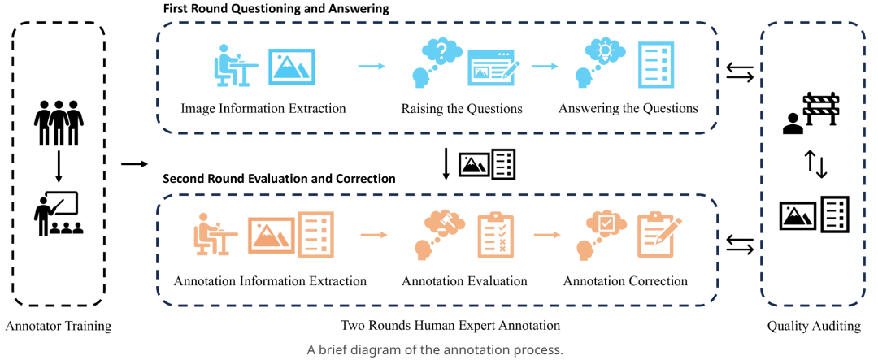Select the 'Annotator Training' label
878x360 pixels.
(x=58, y=327)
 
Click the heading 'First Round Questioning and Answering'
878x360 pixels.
(x=276, y=9)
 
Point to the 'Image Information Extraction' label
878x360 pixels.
(x=263, y=108)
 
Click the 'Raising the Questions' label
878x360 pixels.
(x=461, y=108)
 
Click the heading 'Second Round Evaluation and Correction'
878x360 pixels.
(x=279, y=178)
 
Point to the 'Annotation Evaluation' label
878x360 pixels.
(x=464, y=281)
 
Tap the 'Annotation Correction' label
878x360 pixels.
(x=625, y=281)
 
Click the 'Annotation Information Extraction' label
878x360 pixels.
(x=270, y=281)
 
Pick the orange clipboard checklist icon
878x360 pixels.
(x=493, y=234)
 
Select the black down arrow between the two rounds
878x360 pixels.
(x=446, y=164)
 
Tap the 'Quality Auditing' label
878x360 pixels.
(x=813, y=327)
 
